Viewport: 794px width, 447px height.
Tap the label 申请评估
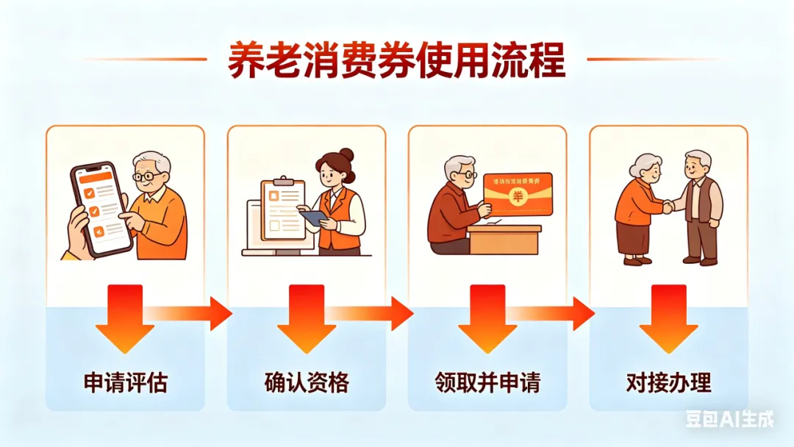pos(125,383)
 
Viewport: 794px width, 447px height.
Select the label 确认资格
pos(306,383)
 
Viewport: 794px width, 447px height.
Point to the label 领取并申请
pos(487,383)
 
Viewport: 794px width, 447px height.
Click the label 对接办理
pos(668,383)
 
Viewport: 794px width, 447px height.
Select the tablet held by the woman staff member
pos(313,218)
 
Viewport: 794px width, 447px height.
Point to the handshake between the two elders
pos(668,207)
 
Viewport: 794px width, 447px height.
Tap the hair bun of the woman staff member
pos(347,154)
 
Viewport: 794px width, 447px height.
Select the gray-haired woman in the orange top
pos(635,210)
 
